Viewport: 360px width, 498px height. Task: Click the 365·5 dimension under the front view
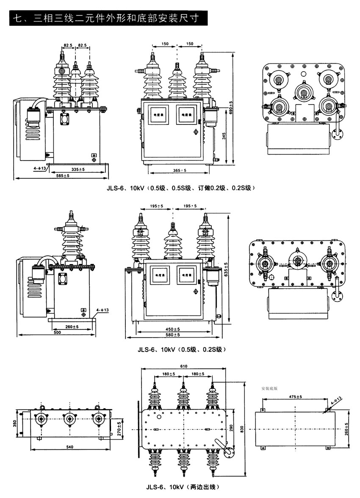pyautogui.click(x=180, y=170)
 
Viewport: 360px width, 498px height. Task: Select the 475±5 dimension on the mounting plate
pyautogui.click(x=293, y=397)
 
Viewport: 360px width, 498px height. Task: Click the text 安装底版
pyautogui.click(x=269, y=387)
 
